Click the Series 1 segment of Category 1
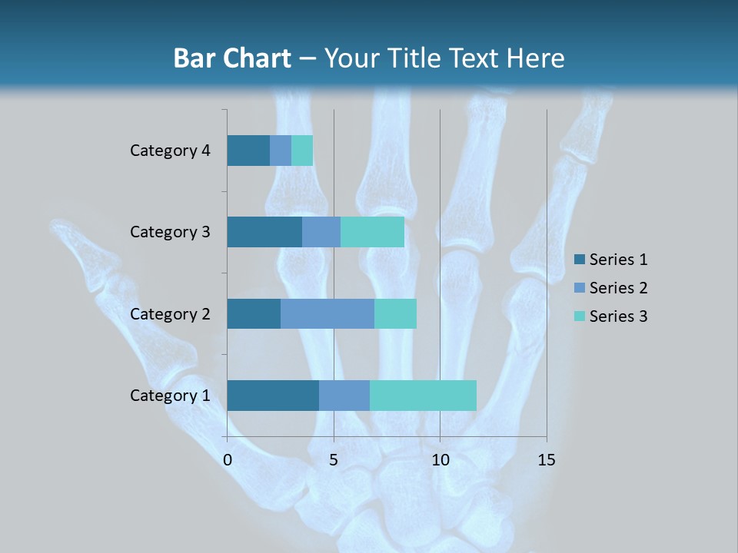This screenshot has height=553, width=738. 273,396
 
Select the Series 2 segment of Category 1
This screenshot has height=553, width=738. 344,396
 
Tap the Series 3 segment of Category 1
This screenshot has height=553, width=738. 423,396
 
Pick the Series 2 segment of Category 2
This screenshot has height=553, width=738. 327,313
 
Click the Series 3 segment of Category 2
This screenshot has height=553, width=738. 395,313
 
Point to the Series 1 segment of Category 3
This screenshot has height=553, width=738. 264,232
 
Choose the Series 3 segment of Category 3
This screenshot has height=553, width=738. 372,232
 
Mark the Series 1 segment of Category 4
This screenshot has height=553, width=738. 248,151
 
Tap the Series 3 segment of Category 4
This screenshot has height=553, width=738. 302,151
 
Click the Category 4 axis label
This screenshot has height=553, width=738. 170,151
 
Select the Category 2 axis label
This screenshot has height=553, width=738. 170,313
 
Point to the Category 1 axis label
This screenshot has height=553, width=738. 170,396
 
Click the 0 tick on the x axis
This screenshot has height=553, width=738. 228,460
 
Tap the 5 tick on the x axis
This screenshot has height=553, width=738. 334,460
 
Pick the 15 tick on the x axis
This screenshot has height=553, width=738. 546,460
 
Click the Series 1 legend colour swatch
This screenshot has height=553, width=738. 579,260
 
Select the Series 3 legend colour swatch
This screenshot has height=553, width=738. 579,316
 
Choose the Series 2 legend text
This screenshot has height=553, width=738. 618,288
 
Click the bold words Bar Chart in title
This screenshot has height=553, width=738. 232,58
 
